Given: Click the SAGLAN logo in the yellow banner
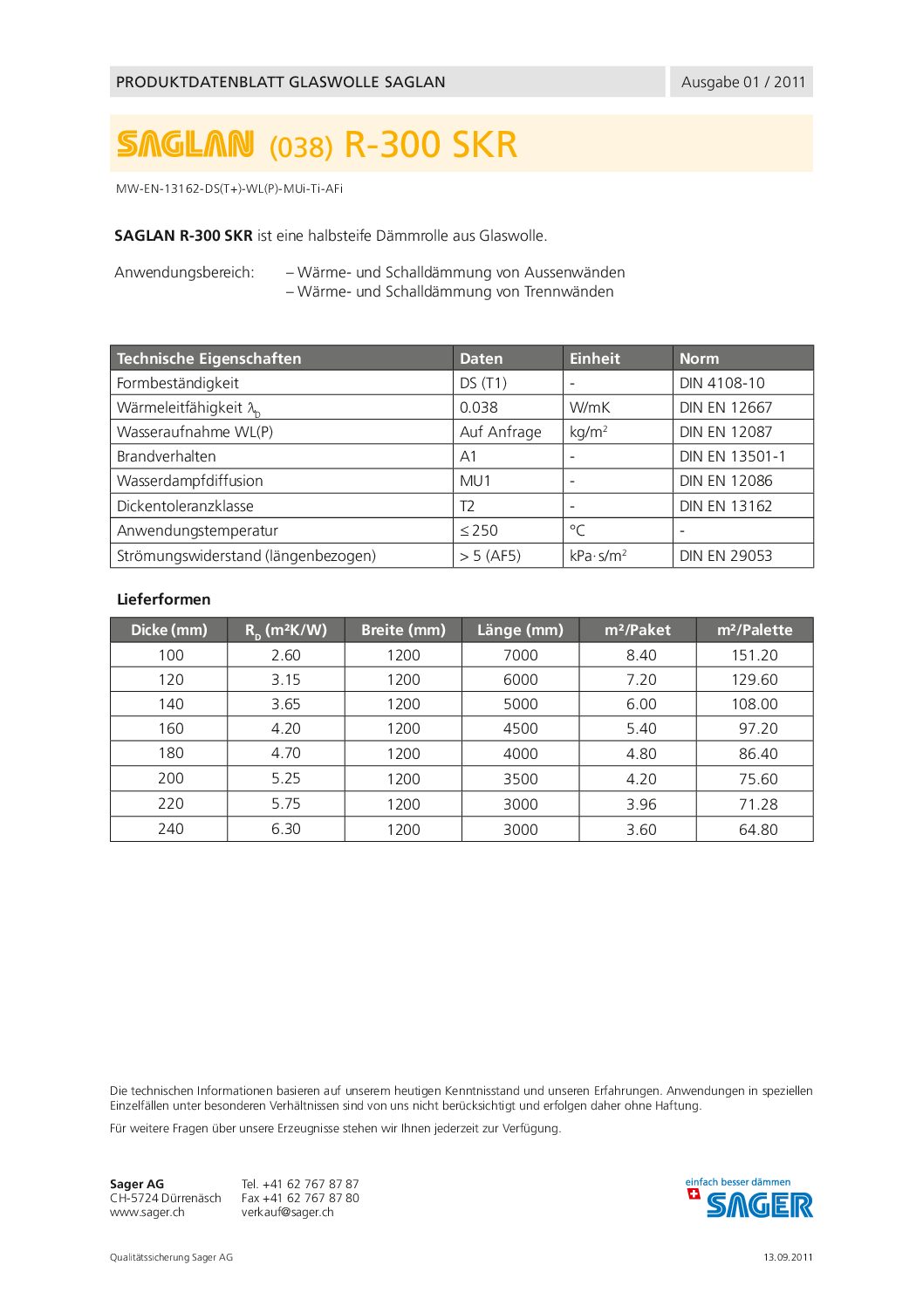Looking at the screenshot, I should tap(186, 144).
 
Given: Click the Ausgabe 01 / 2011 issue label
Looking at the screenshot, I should tap(742, 82).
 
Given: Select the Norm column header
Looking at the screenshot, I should tap(699, 359).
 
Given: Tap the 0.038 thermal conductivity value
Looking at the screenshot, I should tap(479, 407).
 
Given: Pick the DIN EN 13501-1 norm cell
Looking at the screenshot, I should tap(732, 456).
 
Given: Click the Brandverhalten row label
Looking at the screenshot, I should tap(167, 456).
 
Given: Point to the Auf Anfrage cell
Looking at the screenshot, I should tap(500, 432).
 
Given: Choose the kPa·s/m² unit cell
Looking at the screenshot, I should tap(598, 556).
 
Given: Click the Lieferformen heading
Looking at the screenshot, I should tap(164, 599).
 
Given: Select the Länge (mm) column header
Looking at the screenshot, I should tap(520, 630).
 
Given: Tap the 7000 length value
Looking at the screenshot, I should tap(520, 655).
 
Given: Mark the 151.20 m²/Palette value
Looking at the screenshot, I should tap(755, 655).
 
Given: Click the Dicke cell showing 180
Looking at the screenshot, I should tap(171, 754).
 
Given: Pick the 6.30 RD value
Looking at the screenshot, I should tap(286, 829).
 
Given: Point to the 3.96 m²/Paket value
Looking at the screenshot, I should tap(641, 804).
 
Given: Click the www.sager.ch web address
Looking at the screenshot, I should tap(147, 1212).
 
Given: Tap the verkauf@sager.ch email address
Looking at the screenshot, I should tap(288, 1212).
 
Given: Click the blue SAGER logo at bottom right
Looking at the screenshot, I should tap(758, 1205).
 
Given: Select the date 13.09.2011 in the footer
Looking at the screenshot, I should tap(788, 1257).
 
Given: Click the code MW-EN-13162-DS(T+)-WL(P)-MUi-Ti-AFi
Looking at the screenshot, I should tap(229, 188).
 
